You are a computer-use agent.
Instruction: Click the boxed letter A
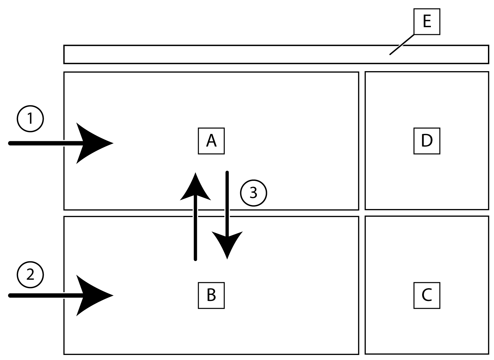click(x=211, y=141)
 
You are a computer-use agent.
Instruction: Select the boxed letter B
click(x=211, y=295)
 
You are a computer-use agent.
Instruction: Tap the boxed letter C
click(x=426, y=295)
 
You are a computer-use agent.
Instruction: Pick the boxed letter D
click(x=426, y=141)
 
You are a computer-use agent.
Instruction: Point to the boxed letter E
click(x=426, y=22)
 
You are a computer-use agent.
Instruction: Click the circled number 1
click(x=30, y=118)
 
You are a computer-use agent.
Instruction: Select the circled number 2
click(x=30, y=275)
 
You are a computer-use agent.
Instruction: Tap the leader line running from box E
click(x=402, y=44)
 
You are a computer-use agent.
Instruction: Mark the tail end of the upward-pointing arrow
click(x=195, y=259)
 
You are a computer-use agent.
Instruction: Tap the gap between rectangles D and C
click(x=426, y=213)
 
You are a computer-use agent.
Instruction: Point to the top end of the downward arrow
click(x=227, y=173)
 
